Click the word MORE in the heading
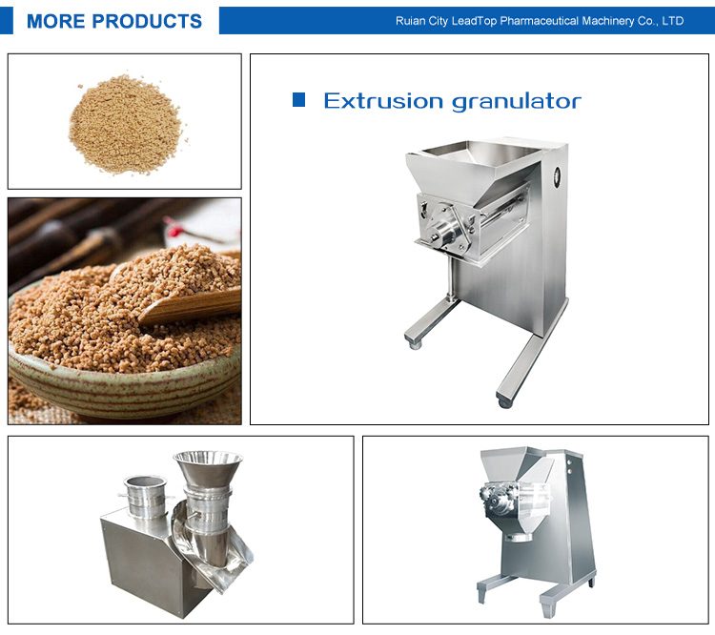coord(55,21)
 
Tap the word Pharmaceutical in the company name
coord(539,21)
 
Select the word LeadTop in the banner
coord(474,21)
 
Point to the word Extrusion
coord(383,101)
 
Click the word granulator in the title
coord(517,102)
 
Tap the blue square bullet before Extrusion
coord(298,99)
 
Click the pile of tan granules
coord(126,124)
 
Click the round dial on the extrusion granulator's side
coord(557,176)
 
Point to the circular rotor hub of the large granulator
coord(440,234)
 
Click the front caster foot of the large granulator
coord(504,402)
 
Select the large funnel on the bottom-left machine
coord(208,470)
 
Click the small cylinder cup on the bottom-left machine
coord(145,497)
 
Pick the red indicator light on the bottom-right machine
coord(569,462)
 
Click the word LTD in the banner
coord(673,21)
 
